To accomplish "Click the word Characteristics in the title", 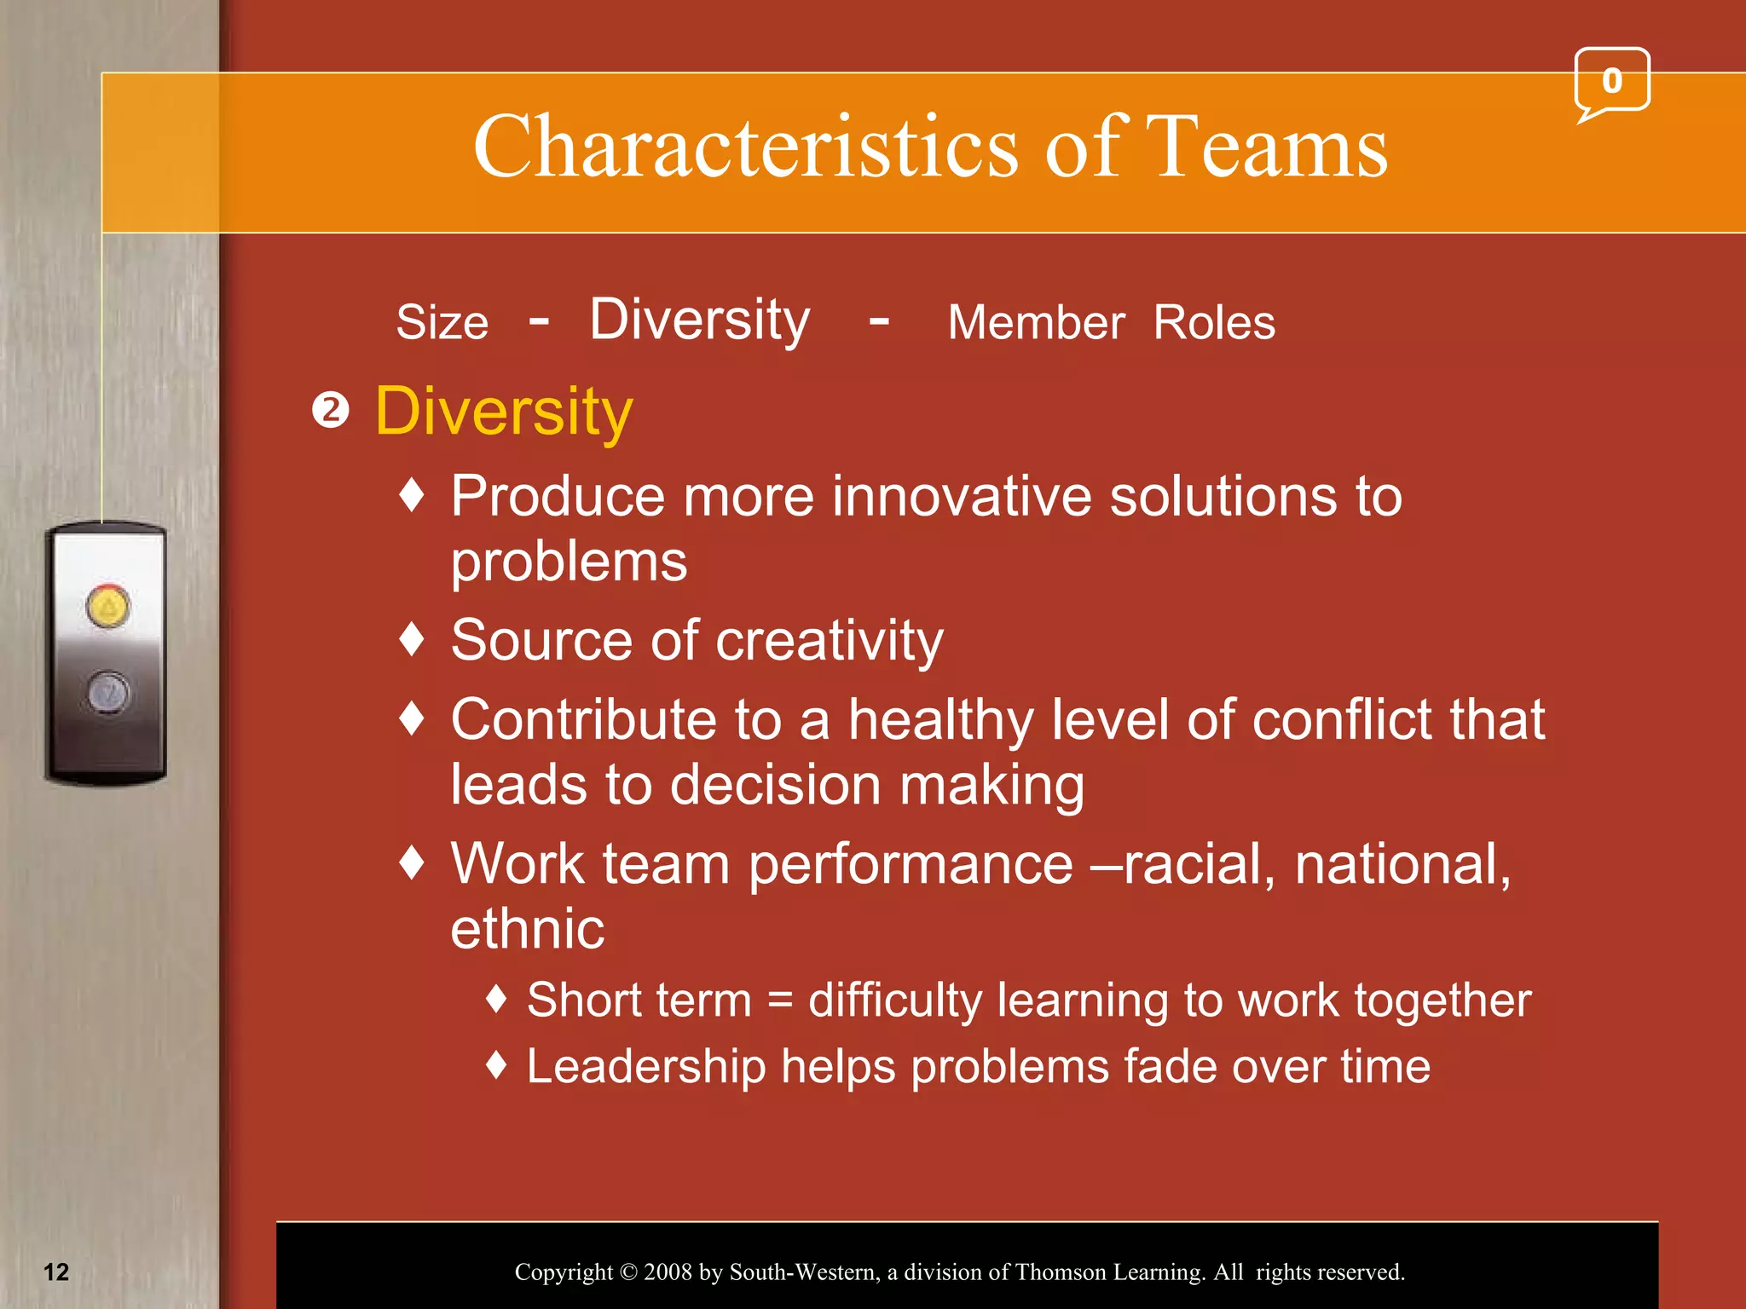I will click(745, 147).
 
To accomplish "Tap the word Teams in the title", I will click(1266, 147).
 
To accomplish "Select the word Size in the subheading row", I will click(442, 323).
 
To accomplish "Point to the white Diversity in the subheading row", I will click(699, 321).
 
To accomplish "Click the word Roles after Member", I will click(1214, 323).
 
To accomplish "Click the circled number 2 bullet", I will click(331, 411).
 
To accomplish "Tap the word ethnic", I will click(527, 929).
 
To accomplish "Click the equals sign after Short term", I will click(780, 1000).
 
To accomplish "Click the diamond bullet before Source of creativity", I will click(413, 639).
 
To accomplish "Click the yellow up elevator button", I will click(108, 607).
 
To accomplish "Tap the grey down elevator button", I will click(108, 691).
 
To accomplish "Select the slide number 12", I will click(56, 1272).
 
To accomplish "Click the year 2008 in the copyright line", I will click(668, 1272).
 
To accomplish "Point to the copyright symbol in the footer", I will click(628, 1272).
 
